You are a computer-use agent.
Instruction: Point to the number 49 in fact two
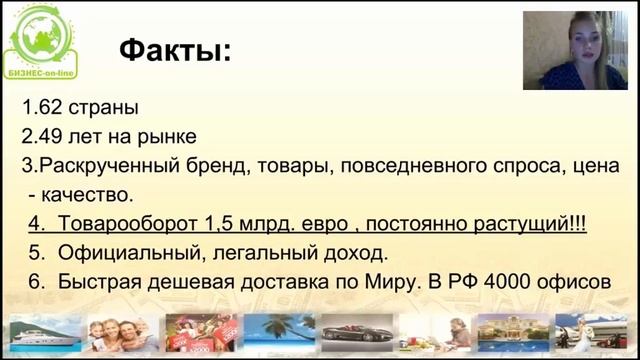(x=45, y=136)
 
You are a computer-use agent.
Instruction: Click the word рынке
(x=168, y=136)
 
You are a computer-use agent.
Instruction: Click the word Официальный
(x=134, y=253)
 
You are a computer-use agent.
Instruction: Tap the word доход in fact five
(x=356, y=253)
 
